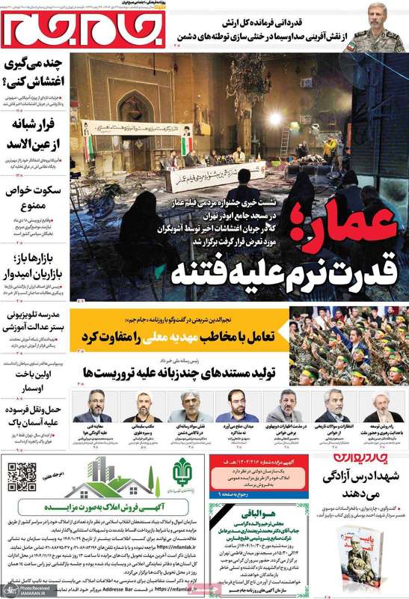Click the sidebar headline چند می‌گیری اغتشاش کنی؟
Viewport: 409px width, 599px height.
tap(34, 73)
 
